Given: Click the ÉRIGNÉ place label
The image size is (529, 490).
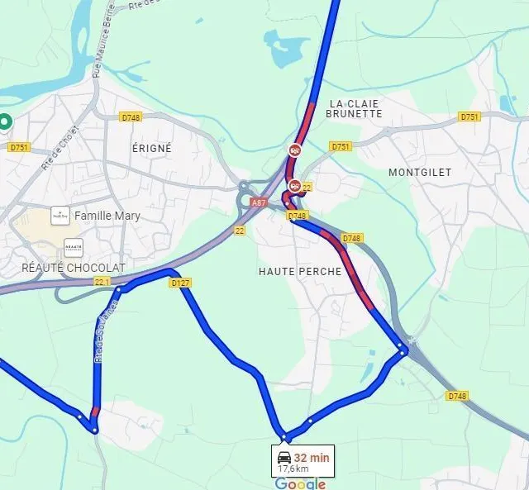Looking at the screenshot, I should (x=152, y=148).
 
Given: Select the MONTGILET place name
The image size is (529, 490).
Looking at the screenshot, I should (x=420, y=172).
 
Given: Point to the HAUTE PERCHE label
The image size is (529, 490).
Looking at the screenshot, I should (x=299, y=271).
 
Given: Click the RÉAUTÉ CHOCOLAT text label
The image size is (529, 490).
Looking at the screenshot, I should (x=74, y=268).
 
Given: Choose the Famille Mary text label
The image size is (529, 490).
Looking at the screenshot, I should (x=107, y=216).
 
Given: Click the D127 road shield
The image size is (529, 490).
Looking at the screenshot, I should (x=180, y=283).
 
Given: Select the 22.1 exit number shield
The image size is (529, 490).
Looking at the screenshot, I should (x=102, y=282).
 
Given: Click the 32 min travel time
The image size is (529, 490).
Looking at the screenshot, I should (x=312, y=457).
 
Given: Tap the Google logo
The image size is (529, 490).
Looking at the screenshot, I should (x=300, y=483).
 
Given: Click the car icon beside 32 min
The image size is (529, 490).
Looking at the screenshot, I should (x=284, y=457).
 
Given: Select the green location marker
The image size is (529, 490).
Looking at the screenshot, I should (x=5, y=122).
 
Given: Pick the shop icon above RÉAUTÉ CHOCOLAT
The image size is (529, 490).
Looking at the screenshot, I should (x=73, y=247).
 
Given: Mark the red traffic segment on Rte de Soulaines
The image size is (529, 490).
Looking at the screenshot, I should (x=95, y=412).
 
